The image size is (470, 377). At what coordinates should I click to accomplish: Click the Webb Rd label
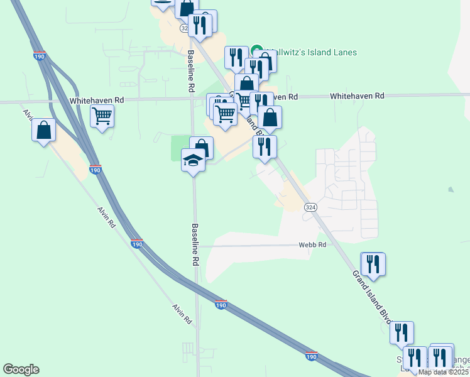click(312, 244)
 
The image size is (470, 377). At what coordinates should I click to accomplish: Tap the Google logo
click(21, 369)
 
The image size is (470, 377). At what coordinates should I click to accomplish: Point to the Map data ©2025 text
click(444, 372)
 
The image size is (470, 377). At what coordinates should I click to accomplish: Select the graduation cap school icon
click(194, 160)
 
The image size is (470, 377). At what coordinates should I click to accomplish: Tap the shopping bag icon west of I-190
click(44, 131)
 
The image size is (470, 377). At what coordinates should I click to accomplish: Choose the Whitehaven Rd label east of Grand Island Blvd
click(357, 96)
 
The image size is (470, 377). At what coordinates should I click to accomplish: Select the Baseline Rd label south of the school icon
click(195, 243)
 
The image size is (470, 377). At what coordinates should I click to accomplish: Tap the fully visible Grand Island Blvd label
click(370, 295)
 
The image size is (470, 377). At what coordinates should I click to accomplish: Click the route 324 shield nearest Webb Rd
click(310, 207)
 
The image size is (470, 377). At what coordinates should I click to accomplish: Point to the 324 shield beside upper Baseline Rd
click(185, 28)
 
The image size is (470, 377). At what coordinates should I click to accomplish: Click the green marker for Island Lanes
click(257, 50)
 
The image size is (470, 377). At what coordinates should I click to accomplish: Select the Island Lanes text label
click(313, 53)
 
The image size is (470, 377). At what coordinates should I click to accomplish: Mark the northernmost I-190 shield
click(39, 56)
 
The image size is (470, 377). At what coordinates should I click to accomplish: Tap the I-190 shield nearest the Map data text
click(312, 356)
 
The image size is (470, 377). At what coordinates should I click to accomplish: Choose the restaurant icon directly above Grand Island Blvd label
click(373, 264)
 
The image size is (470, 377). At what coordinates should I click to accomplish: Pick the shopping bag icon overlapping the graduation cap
click(202, 148)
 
